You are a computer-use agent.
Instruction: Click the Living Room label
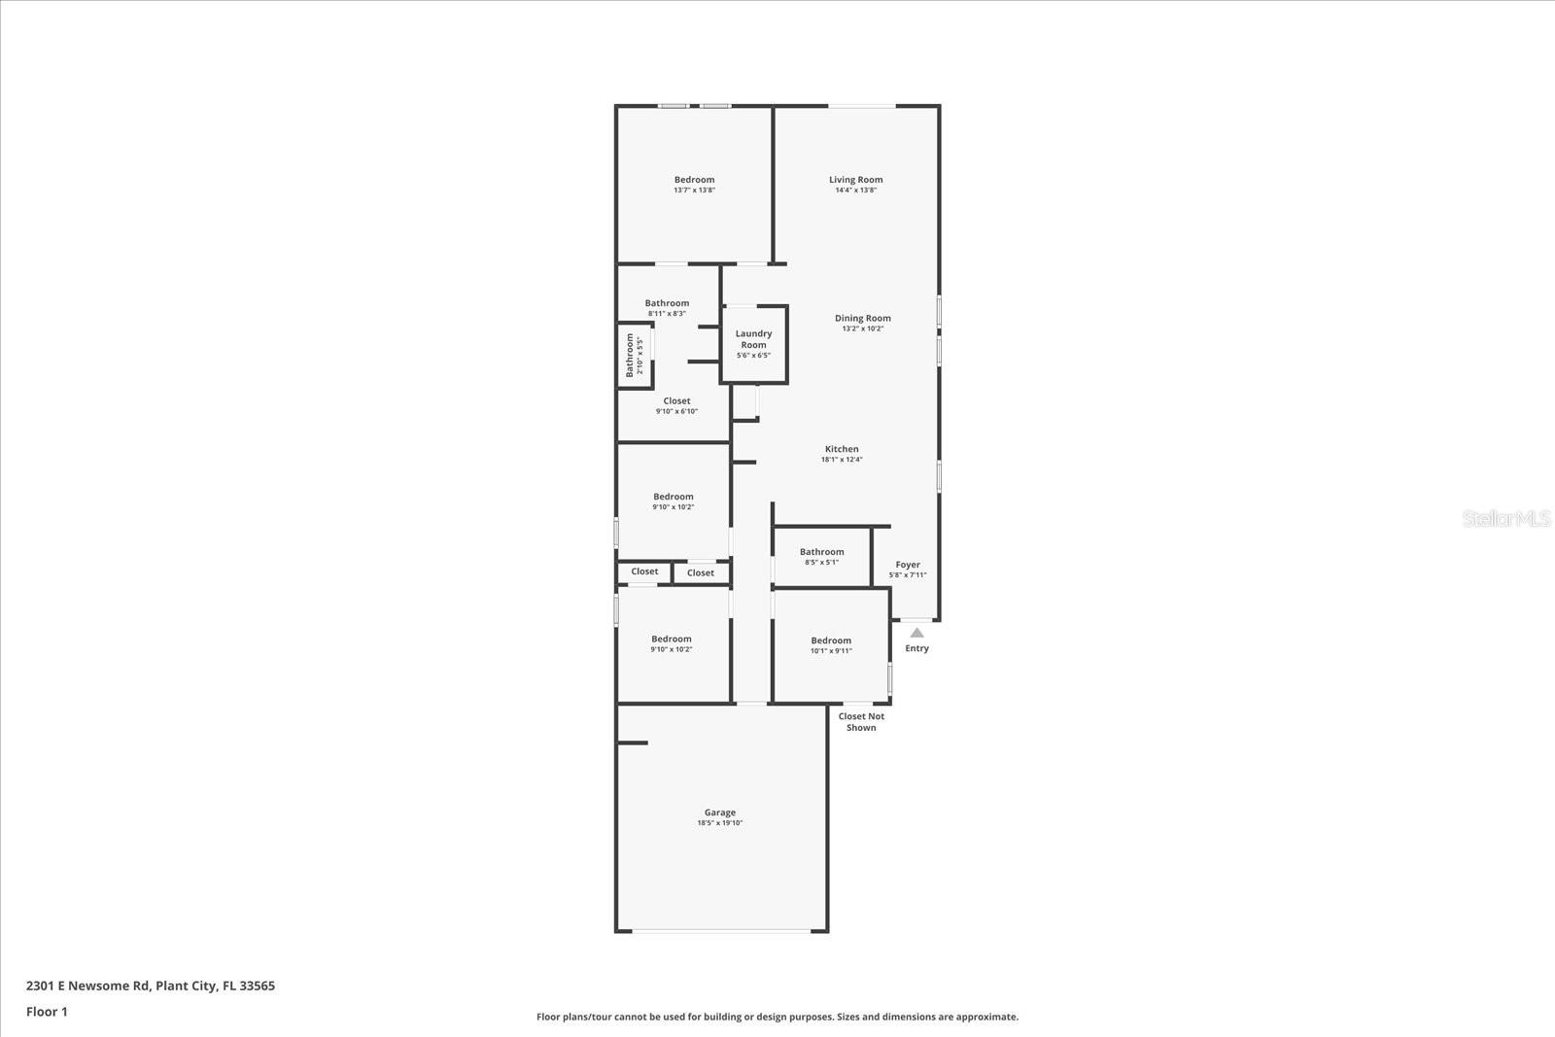coord(855,180)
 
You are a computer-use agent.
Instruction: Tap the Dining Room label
coord(863,319)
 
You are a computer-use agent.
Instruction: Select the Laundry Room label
coord(753,339)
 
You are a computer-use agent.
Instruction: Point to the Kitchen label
coord(842,449)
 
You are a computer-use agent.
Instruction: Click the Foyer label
coord(908,565)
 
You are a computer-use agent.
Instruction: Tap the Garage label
coord(720,812)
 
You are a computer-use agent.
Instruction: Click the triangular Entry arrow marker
coord(916,633)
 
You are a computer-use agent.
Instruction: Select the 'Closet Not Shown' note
coord(861,722)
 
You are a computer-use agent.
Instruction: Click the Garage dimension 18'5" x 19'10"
coord(720,823)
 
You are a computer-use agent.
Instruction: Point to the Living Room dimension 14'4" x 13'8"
coord(855,190)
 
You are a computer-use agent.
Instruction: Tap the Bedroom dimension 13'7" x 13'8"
coord(694,190)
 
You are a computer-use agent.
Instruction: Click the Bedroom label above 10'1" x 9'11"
coord(831,640)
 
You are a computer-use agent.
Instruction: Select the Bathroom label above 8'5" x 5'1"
coord(822,552)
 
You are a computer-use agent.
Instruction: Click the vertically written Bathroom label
coord(630,355)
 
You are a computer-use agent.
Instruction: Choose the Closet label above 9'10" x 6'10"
coord(676,400)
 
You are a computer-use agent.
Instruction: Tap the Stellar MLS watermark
coord(1506,519)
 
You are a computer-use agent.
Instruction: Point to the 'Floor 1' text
coord(47,1012)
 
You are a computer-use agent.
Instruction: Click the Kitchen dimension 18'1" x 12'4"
coord(842,460)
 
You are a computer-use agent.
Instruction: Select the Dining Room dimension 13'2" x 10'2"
coord(863,328)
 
